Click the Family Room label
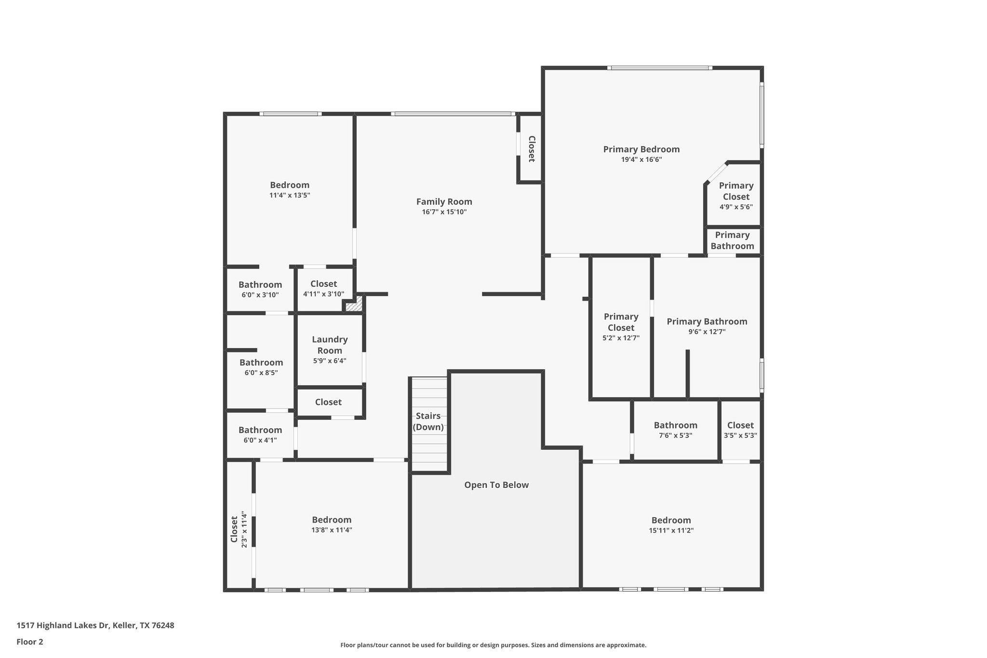(444, 201)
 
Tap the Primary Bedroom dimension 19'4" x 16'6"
(641, 160)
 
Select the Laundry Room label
(330, 345)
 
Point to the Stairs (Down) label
(428, 421)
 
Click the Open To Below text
(496, 485)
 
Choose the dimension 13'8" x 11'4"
(332, 530)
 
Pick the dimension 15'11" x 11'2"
(671, 530)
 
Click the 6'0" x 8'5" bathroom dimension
(261, 373)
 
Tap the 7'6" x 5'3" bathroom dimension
(675, 435)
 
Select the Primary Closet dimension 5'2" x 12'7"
(621, 338)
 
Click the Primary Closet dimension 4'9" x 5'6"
(736, 207)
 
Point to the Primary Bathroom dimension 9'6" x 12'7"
(707, 332)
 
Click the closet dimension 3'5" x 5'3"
(740, 435)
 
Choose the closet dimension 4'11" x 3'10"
(323, 294)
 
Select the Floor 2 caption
(30, 642)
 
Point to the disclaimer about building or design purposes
(493, 645)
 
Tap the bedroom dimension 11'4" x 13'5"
(290, 195)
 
